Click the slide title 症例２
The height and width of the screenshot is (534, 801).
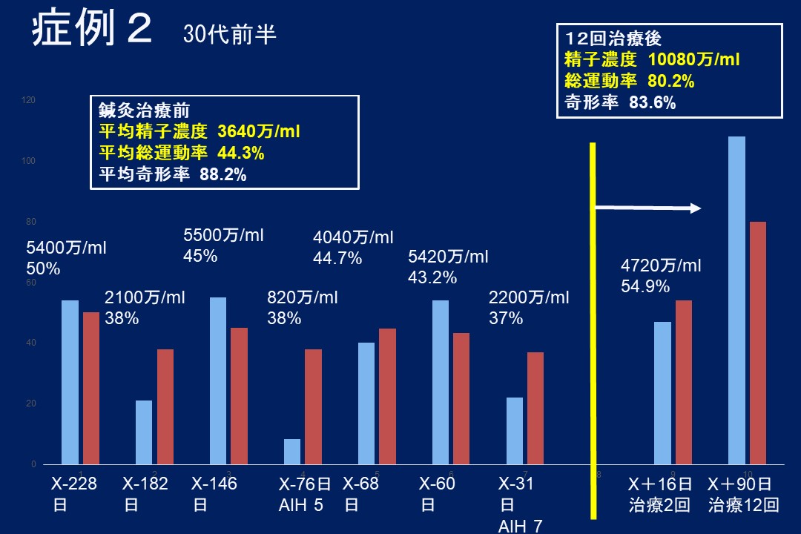pos(92,31)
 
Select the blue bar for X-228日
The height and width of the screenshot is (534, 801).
pos(70,382)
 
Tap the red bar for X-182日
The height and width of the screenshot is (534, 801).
pos(165,406)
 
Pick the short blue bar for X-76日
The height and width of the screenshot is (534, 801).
pos(292,452)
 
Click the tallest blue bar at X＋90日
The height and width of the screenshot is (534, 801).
pos(736,300)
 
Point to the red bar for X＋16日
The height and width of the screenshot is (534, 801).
pos(683,382)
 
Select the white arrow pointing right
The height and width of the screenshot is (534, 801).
pos(648,208)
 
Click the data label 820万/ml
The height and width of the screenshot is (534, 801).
pos(302,298)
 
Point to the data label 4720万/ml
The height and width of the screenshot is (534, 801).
pos(660,266)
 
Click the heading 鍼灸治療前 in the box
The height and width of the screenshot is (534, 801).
pos(145,111)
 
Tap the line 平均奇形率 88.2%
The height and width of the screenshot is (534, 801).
pos(172,176)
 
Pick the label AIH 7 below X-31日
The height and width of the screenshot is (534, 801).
pos(520,526)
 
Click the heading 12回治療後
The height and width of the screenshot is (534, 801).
pos(613,38)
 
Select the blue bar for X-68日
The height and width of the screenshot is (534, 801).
pos(366,403)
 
